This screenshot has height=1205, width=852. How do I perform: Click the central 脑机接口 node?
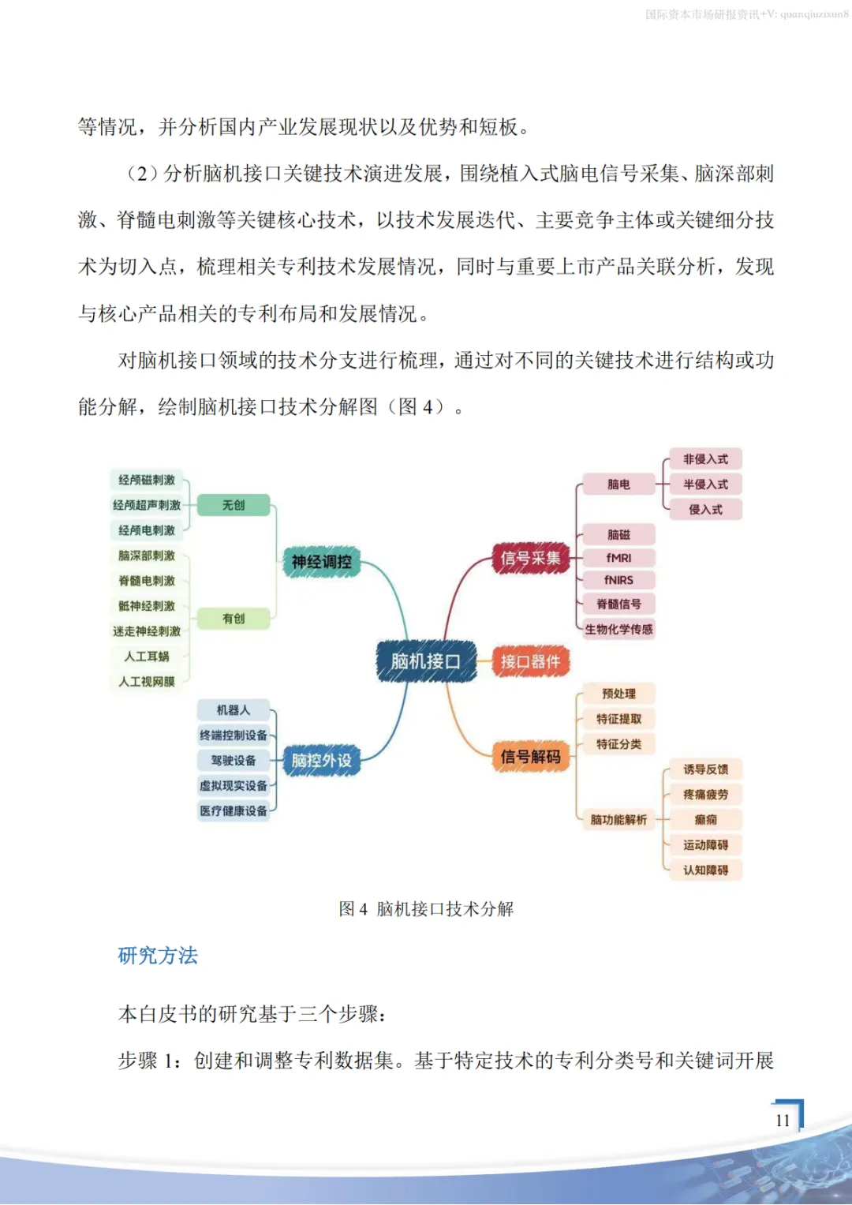click(x=426, y=661)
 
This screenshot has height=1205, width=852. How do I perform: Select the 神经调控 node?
click(x=321, y=562)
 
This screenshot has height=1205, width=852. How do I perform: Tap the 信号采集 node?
click(x=530, y=559)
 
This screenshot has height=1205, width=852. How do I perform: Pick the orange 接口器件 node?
click(x=530, y=661)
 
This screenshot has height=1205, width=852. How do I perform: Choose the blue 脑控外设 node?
click(x=321, y=761)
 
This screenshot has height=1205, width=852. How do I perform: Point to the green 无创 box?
click(x=234, y=505)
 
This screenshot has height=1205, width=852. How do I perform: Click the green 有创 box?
click(x=234, y=619)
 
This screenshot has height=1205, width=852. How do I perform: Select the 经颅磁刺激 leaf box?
click(x=147, y=480)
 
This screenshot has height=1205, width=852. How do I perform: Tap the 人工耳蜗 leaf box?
click(x=147, y=657)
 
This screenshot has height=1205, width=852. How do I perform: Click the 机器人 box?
click(x=234, y=710)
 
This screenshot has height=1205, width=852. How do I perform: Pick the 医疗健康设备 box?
click(x=234, y=811)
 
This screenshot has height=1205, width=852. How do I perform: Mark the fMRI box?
click(x=618, y=558)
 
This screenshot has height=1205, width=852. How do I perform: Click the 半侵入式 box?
click(x=705, y=485)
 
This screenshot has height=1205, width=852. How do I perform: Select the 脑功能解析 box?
click(x=618, y=820)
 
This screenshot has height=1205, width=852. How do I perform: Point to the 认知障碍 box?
click(x=705, y=870)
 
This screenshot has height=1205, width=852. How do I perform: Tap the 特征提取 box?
click(x=618, y=719)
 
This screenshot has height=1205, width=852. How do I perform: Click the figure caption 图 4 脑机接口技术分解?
click(x=426, y=909)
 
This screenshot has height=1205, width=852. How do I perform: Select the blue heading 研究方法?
click(x=158, y=956)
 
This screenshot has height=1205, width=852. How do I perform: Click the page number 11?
click(x=783, y=1121)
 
